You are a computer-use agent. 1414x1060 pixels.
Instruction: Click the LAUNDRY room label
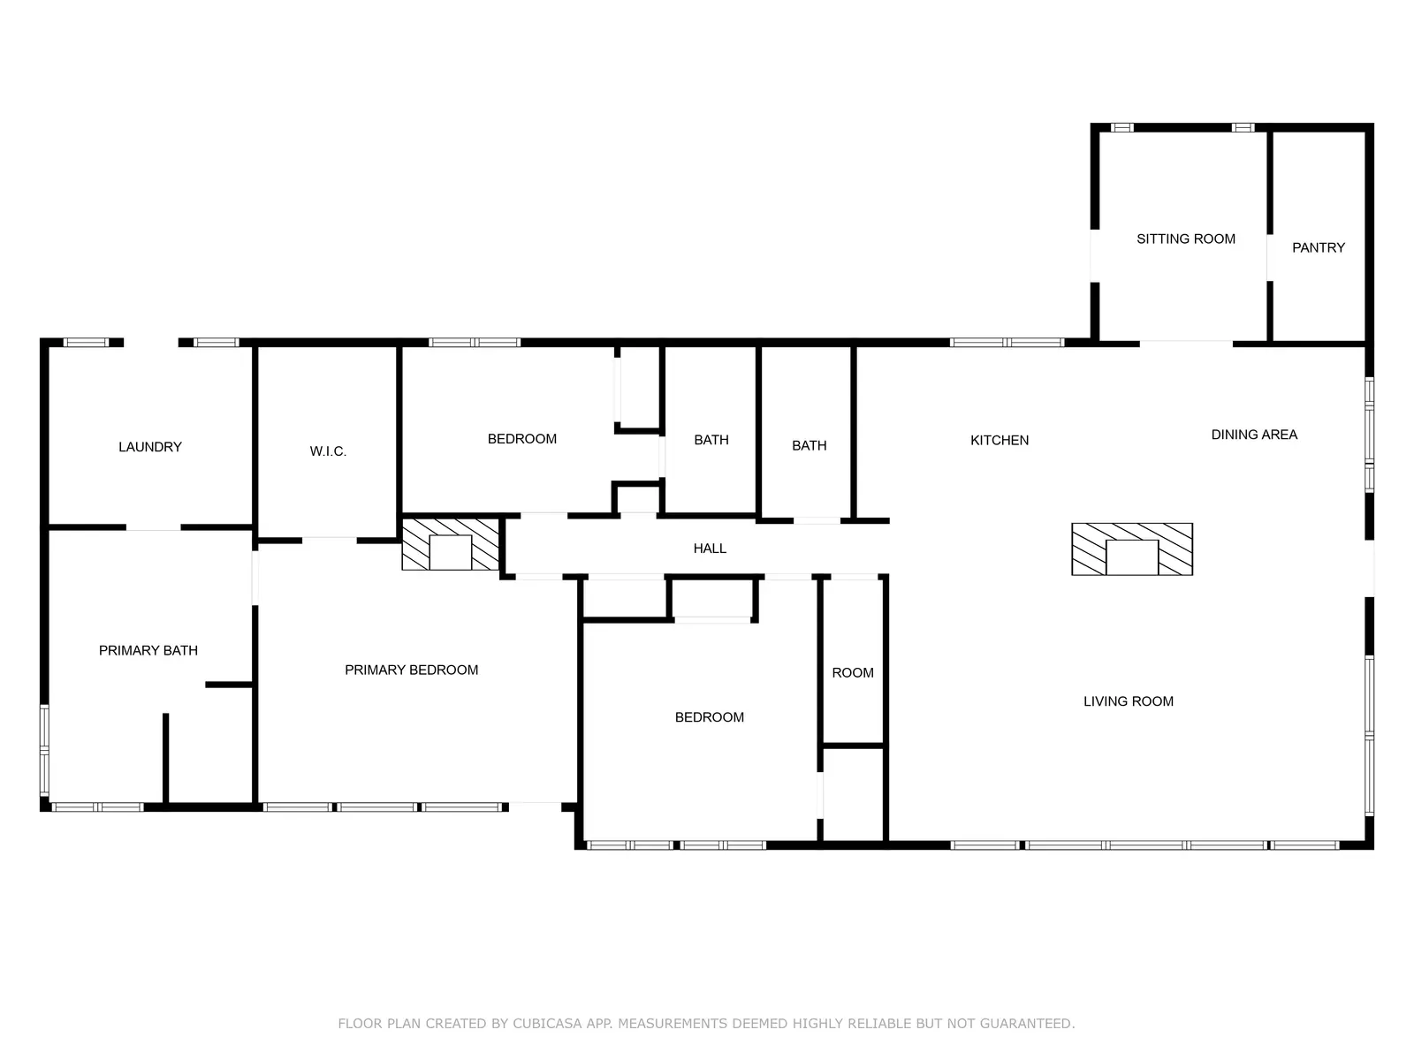[150, 447]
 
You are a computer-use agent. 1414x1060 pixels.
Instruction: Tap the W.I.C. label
[328, 451]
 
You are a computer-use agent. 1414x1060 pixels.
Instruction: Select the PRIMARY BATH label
[148, 650]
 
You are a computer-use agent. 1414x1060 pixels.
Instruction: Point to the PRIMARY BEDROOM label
[411, 670]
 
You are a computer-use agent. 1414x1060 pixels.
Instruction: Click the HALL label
[710, 549]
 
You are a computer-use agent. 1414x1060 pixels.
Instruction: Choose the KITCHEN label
[1000, 440]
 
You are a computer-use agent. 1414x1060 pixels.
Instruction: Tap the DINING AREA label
[1253, 435]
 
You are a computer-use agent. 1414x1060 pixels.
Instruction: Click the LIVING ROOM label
[1128, 700]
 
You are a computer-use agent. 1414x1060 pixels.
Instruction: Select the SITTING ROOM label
[1185, 238]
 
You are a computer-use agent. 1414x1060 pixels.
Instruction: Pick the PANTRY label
[1318, 248]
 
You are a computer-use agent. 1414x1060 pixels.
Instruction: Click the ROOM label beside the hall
[852, 672]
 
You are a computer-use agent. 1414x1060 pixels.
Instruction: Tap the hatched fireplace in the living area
[1132, 549]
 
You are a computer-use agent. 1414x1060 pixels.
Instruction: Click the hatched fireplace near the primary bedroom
[451, 544]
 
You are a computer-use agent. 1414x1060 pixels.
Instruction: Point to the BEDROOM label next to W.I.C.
[521, 439]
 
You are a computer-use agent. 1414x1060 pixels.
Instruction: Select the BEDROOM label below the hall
[710, 717]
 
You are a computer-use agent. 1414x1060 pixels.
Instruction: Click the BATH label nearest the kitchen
[810, 445]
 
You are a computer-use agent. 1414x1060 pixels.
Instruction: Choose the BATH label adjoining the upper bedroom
[711, 440]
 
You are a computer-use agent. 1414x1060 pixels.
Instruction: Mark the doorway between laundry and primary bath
[153, 527]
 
